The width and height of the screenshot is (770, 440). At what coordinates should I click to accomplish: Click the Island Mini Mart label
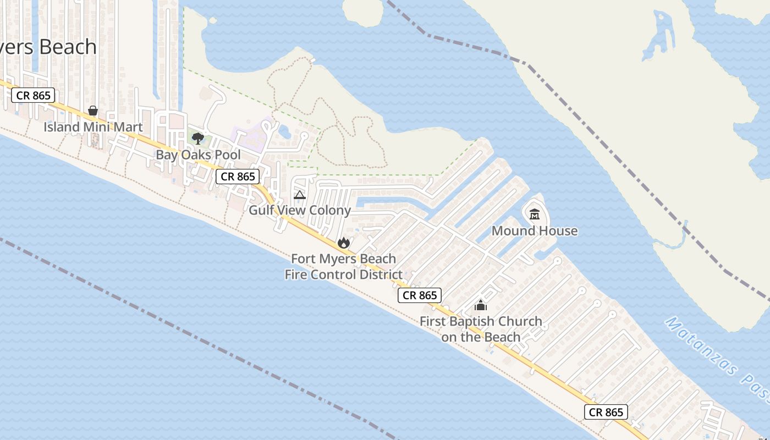(x=93, y=127)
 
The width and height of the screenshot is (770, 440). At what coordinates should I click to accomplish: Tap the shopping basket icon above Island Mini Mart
(x=93, y=111)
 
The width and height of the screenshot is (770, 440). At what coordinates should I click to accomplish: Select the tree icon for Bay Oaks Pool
(x=198, y=139)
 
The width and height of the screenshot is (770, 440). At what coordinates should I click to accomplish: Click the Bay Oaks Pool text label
(x=198, y=155)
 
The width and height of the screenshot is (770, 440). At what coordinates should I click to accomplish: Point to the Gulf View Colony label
(x=300, y=210)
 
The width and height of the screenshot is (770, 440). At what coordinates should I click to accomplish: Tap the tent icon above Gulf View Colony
(x=300, y=195)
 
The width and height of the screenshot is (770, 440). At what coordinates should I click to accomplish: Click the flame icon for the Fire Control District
(x=344, y=243)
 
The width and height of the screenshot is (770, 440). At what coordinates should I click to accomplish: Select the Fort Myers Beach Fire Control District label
(x=343, y=266)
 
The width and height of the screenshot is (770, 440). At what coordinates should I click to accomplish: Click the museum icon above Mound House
(x=535, y=214)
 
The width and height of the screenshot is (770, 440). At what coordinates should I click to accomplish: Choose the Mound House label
(x=535, y=230)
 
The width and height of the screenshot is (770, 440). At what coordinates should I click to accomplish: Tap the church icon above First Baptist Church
(x=481, y=305)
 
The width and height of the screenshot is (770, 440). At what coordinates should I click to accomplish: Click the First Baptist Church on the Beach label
(x=481, y=329)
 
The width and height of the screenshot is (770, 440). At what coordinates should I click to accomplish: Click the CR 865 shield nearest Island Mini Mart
(x=33, y=95)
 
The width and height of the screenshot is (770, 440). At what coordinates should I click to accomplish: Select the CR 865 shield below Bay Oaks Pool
(x=237, y=177)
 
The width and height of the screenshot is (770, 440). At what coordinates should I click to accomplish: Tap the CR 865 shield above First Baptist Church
(x=420, y=295)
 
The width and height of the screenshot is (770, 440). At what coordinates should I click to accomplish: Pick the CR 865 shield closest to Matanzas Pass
(x=606, y=412)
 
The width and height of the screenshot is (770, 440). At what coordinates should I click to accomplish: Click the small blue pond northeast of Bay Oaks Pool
(x=285, y=131)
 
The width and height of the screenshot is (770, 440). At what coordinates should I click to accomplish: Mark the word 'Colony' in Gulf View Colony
(x=329, y=210)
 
